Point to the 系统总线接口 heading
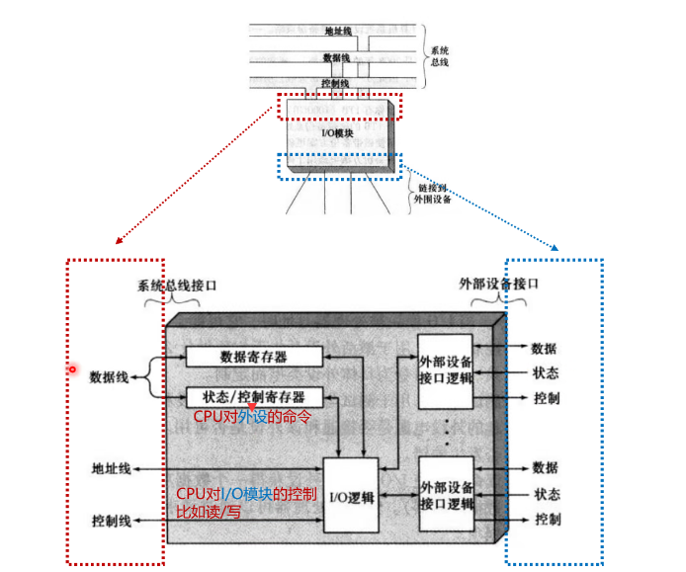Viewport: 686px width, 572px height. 177,285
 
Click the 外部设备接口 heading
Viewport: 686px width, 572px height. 499,282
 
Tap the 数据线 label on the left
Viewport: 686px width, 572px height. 110,376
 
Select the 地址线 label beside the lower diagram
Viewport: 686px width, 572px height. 111,468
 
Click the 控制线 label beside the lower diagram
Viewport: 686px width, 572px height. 111,519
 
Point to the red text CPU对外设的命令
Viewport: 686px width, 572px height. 251,418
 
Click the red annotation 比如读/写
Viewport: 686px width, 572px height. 208,512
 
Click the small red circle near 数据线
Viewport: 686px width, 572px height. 71,370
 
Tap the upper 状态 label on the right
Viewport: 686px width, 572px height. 545,373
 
